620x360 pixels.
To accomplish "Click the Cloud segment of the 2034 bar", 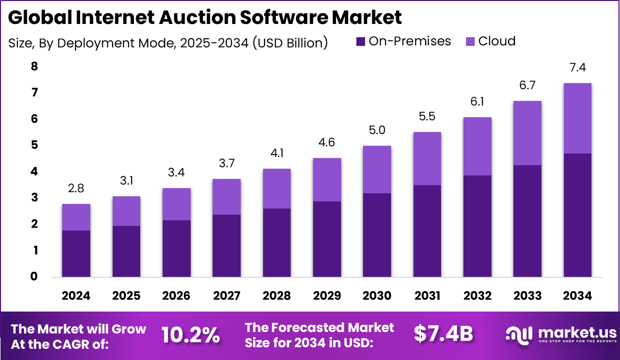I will (577, 118).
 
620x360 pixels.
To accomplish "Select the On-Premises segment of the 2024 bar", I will (76, 254).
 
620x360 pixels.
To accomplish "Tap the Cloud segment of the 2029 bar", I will (327, 179).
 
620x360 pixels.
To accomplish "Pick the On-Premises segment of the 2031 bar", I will (427, 231).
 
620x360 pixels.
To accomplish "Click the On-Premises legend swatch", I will (361, 42).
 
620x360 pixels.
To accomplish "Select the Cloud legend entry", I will (497, 41).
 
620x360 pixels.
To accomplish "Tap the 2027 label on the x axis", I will (226, 296).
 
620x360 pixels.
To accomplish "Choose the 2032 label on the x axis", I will (477, 296).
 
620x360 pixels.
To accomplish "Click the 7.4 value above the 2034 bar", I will (577, 68).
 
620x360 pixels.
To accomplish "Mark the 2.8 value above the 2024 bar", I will (76, 189).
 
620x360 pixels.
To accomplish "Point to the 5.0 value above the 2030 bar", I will (377, 131).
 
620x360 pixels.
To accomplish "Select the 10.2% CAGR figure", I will (191, 335).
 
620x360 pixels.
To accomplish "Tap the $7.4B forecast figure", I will (443, 333).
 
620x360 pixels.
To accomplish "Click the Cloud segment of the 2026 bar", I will (176, 204).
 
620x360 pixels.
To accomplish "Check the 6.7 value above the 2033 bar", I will (527, 86).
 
